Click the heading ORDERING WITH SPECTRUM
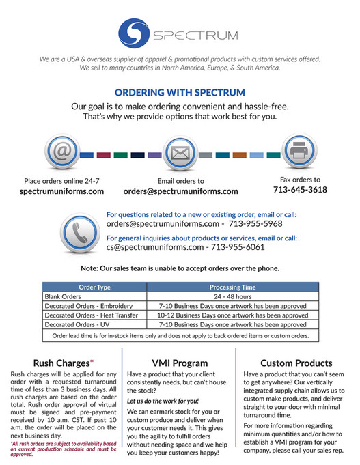point(180,92)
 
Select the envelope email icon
point(180,154)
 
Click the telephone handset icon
point(79,229)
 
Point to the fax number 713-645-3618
point(300,189)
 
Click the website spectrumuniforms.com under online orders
point(62,191)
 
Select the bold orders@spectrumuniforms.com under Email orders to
point(181,191)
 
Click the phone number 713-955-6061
point(236,246)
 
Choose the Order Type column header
point(94,287)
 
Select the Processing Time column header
point(232,287)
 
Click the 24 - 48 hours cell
point(232,297)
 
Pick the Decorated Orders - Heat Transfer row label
point(91,315)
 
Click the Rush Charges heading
point(63,363)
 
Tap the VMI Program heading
point(180,363)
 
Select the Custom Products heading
point(296,363)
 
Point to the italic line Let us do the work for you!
point(154,401)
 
